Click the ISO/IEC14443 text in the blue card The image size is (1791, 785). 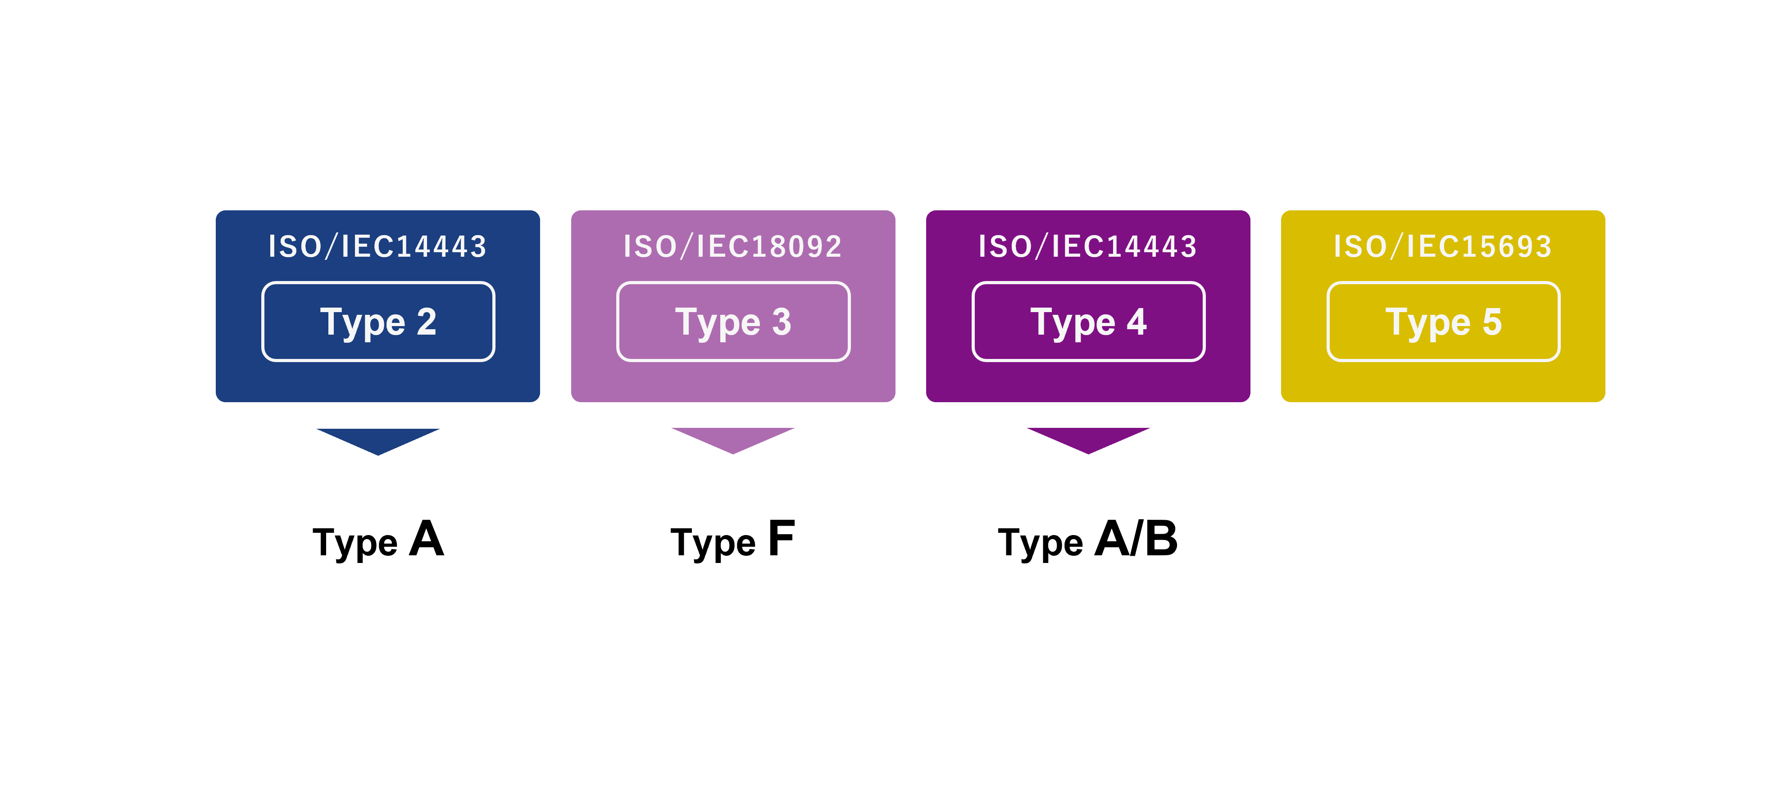click(x=377, y=247)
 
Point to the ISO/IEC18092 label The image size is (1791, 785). click(x=733, y=247)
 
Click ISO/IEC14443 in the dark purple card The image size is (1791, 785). click(x=1088, y=247)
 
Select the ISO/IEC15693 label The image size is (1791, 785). click(x=1443, y=247)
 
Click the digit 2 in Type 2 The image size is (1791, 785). click(x=427, y=322)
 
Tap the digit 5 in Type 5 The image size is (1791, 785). click(x=1492, y=322)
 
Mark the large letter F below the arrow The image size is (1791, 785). click(x=782, y=538)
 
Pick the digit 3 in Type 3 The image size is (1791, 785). click(x=782, y=322)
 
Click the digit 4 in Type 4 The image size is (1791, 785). click(x=1137, y=322)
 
